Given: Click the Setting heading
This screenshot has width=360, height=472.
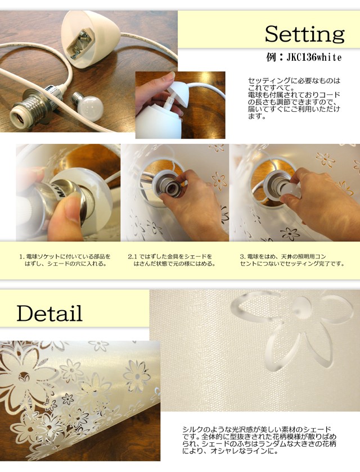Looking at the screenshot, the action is point(304,34).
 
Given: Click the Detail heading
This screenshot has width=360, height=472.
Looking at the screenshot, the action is point(49,314).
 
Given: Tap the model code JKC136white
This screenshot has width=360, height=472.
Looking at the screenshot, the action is point(314,57).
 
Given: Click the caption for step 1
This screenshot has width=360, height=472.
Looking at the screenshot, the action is point(65,260).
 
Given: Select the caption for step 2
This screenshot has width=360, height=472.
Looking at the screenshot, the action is point(171,260).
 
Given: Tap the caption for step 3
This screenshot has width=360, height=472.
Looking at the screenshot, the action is point(292,260).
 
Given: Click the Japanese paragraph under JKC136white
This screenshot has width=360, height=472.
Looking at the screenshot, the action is point(294,98).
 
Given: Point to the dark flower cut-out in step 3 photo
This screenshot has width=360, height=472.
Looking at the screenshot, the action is point(290,233).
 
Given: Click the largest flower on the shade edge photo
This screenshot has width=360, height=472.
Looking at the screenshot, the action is point(24,377).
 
